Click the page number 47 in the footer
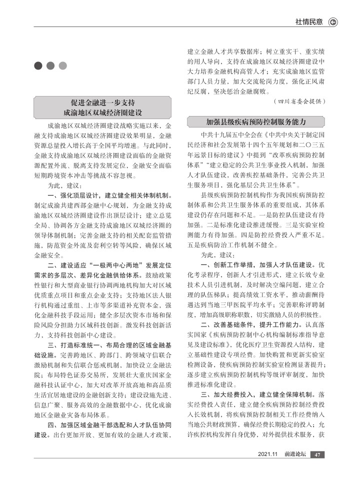click(317, 454)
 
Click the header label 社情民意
click(308, 21)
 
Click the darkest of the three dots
click(38, 66)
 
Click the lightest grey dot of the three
click(62, 66)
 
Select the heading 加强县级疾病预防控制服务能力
click(256, 121)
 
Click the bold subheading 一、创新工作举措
click(227, 263)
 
